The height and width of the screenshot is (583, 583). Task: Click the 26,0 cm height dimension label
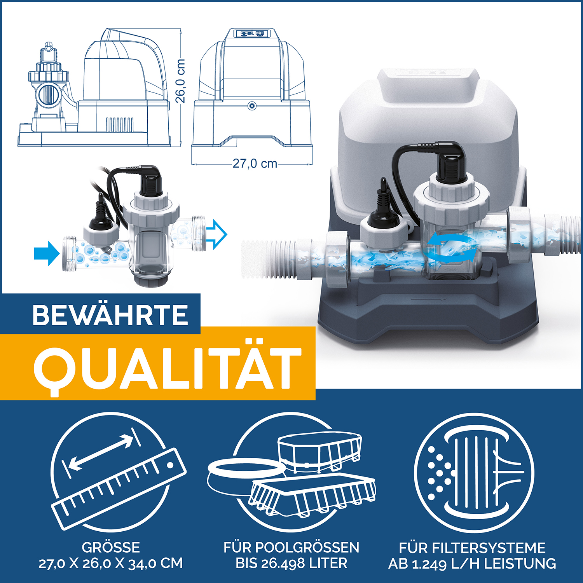tap(180, 80)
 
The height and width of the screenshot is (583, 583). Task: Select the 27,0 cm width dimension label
tap(255, 164)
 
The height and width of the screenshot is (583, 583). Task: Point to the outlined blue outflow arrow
tap(216, 234)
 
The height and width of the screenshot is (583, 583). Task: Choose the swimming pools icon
tap(291, 472)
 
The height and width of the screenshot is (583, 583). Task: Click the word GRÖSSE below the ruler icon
tap(111, 547)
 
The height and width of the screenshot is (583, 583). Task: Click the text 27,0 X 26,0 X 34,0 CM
tap(111, 564)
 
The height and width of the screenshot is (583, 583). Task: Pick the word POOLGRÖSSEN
tap(307, 547)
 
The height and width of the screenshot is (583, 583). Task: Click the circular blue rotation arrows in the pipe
tap(450, 249)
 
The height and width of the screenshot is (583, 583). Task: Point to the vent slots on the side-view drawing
tap(120, 124)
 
